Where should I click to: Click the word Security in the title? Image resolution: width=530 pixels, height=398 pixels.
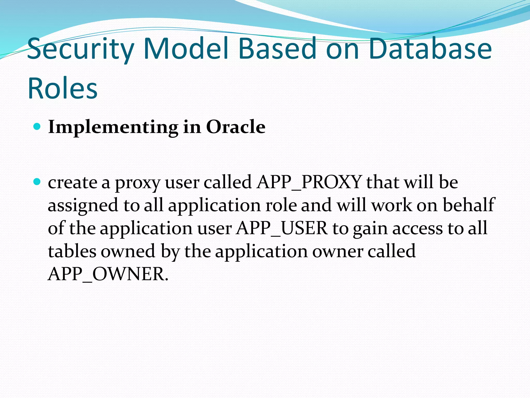(80, 49)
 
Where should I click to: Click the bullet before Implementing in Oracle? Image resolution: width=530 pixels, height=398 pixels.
(37, 127)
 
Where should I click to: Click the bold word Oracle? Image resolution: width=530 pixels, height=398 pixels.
(235, 127)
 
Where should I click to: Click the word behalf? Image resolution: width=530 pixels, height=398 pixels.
(468, 205)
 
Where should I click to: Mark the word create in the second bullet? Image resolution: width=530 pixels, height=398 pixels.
(72, 182)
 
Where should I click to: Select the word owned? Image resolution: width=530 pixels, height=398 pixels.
(128, 251)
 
